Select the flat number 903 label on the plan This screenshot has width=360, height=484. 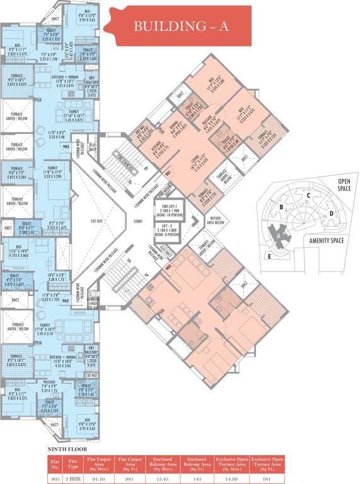click(66, 302)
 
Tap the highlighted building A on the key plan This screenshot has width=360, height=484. click(277, 233)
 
